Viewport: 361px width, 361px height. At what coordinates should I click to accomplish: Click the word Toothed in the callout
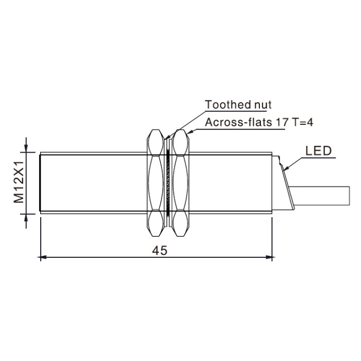coord(228,105)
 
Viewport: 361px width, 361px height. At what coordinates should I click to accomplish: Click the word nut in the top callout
coord(262,105)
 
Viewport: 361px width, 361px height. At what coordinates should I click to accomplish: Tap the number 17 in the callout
coord(282,122)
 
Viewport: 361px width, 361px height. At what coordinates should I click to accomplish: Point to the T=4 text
coord(302,122)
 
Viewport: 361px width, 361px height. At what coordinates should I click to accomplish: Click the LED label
coord(318,151)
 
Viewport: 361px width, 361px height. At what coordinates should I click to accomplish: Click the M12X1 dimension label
coord(19,182)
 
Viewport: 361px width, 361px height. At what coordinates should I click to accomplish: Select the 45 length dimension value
coord(159,251)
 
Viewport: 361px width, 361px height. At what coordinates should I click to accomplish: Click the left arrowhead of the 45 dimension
coord(43,257)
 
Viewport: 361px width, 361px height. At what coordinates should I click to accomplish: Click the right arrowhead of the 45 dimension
coord(269,257)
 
